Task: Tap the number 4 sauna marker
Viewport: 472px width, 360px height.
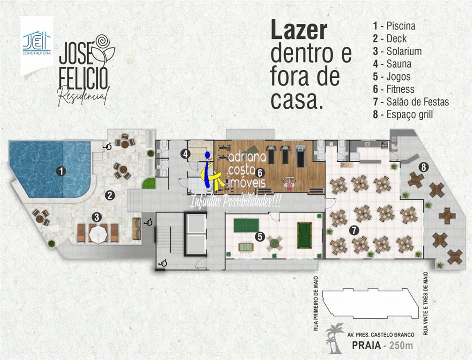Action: [x=185, y=154]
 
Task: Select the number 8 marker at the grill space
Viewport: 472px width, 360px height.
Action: [x=423, y=167]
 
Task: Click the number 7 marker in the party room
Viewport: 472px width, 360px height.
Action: [x=354, y=231]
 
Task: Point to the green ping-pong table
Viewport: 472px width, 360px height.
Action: [x=246, y=225]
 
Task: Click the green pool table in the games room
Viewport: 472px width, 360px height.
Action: [x=304, y=235]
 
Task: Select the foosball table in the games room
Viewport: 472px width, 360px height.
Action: [x=246, y=247]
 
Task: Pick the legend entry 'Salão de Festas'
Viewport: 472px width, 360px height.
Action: [x=418, y=102]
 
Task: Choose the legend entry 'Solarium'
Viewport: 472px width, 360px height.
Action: [x=404, y=51]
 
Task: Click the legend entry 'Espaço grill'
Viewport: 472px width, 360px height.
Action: [x=410, y=115]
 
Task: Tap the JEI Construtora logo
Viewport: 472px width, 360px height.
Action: [x=37, y=44]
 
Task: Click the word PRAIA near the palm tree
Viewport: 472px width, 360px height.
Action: [x=366, y=345]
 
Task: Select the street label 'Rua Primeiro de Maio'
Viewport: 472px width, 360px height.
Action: [x=316, y=304]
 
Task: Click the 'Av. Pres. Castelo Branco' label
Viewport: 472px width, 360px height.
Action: [x=381, y=334]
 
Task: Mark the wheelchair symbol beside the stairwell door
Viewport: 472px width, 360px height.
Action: [x=163, y=263]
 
